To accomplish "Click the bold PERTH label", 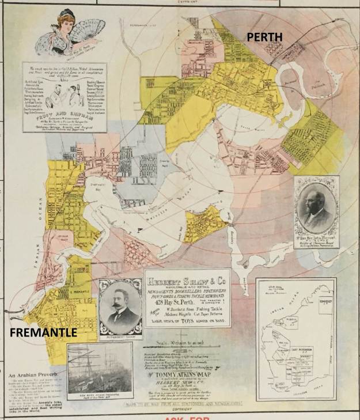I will click(264, 37).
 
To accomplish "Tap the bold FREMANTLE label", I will click(43, 333).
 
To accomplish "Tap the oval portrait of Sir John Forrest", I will click(316, 209).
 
